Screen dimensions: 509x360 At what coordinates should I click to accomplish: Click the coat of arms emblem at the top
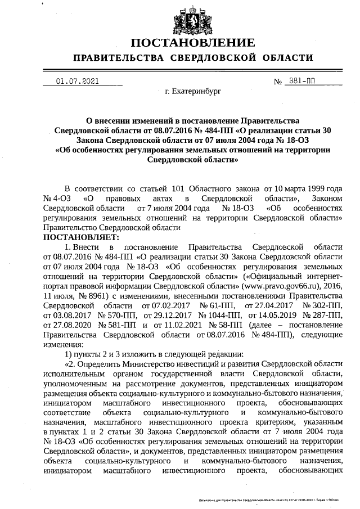(x=193, y=20)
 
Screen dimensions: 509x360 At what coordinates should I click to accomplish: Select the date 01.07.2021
(x=77, y=80)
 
